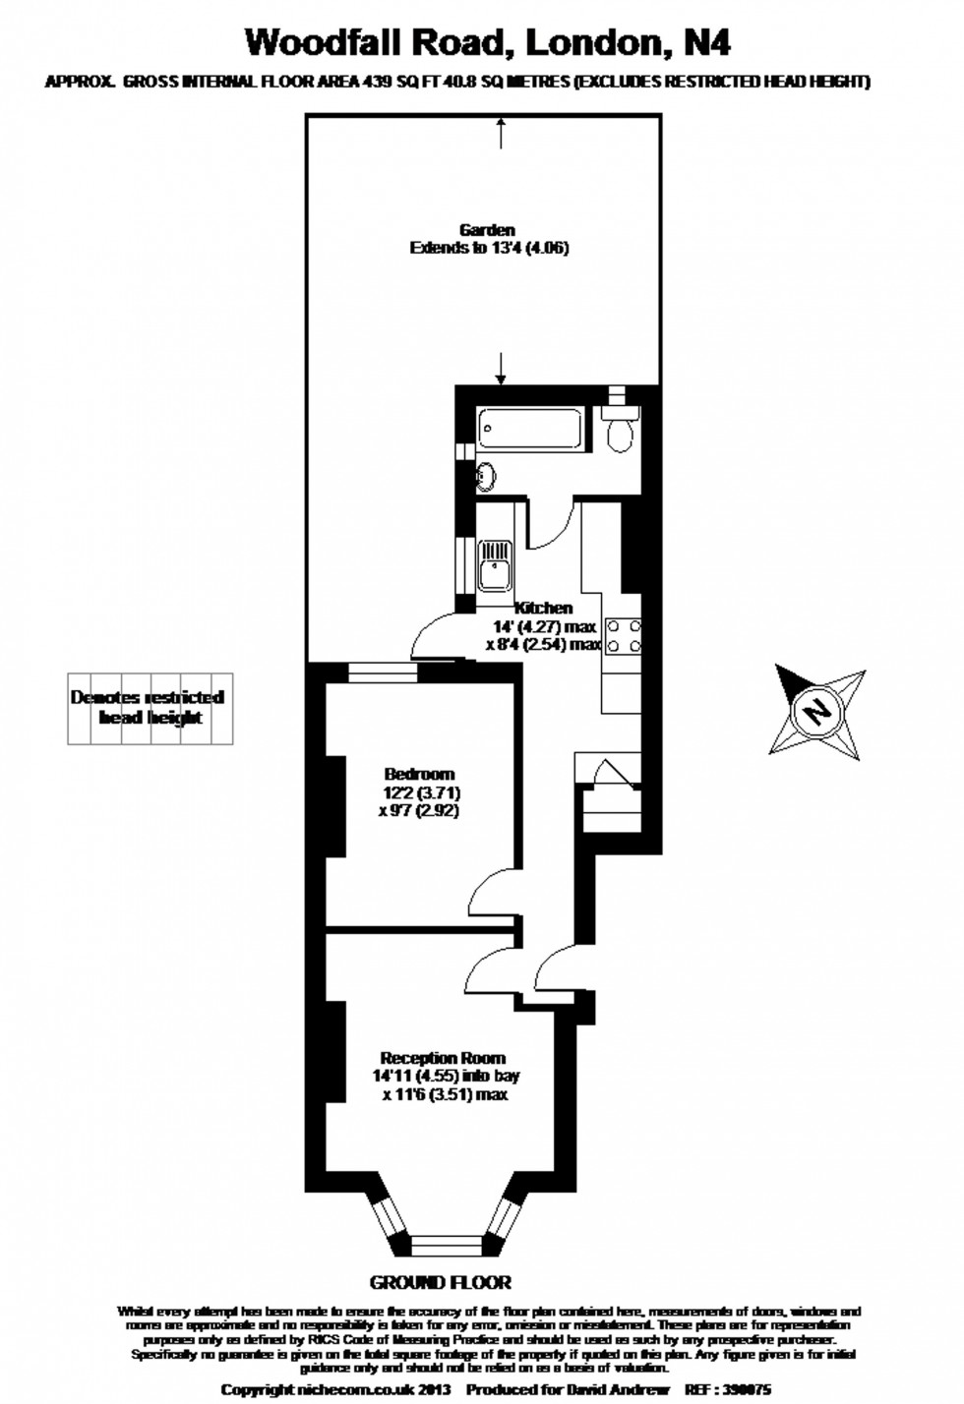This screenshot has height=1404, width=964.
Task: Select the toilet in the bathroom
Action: coord(620,433)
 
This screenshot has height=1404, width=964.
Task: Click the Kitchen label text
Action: coord(544,608)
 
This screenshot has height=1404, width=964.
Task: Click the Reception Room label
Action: coord(443,1058)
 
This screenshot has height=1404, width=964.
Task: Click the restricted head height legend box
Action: coord(150,708)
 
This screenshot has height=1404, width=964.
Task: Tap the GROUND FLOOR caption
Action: coord(440,1282)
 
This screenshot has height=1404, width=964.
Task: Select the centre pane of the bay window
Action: coord(448,1246)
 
